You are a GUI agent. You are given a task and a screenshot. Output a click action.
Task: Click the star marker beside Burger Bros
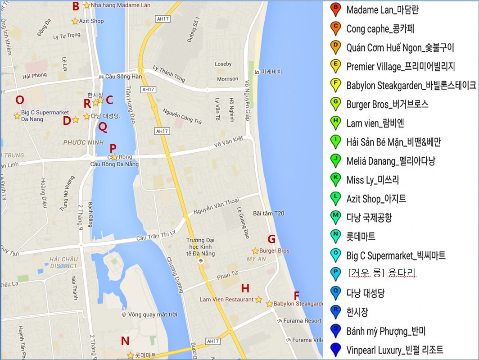[x=255, y=251]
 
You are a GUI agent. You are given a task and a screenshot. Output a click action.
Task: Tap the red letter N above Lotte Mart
[x=125, y=341]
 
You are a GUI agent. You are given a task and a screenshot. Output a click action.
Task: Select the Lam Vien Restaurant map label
[x=226, y=300]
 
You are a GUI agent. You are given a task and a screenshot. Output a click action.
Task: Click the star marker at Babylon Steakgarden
[x=269, y=304]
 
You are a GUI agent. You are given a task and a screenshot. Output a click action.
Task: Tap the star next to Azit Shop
[x=75, y=21]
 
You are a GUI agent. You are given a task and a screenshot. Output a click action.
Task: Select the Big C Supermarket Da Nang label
[x=45, y=116]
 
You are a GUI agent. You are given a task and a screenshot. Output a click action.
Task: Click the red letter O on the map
[x=19, y=100]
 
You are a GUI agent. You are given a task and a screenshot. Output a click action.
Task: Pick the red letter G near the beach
[x=271, y=239]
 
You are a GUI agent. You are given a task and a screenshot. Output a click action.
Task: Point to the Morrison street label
[x=227, y=79]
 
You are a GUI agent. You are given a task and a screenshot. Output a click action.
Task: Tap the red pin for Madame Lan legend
[x=334, y=9]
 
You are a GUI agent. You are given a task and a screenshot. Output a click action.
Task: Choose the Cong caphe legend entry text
[x=380, y=29]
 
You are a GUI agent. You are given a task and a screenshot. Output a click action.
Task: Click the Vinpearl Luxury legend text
[x=394, y=350]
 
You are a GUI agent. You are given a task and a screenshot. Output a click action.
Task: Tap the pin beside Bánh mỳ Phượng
[x=334, y=331]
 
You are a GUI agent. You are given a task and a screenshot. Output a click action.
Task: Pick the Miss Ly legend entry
[x=372, y=180]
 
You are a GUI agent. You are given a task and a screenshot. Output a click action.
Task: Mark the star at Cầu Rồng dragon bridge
[x=114, y=157]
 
